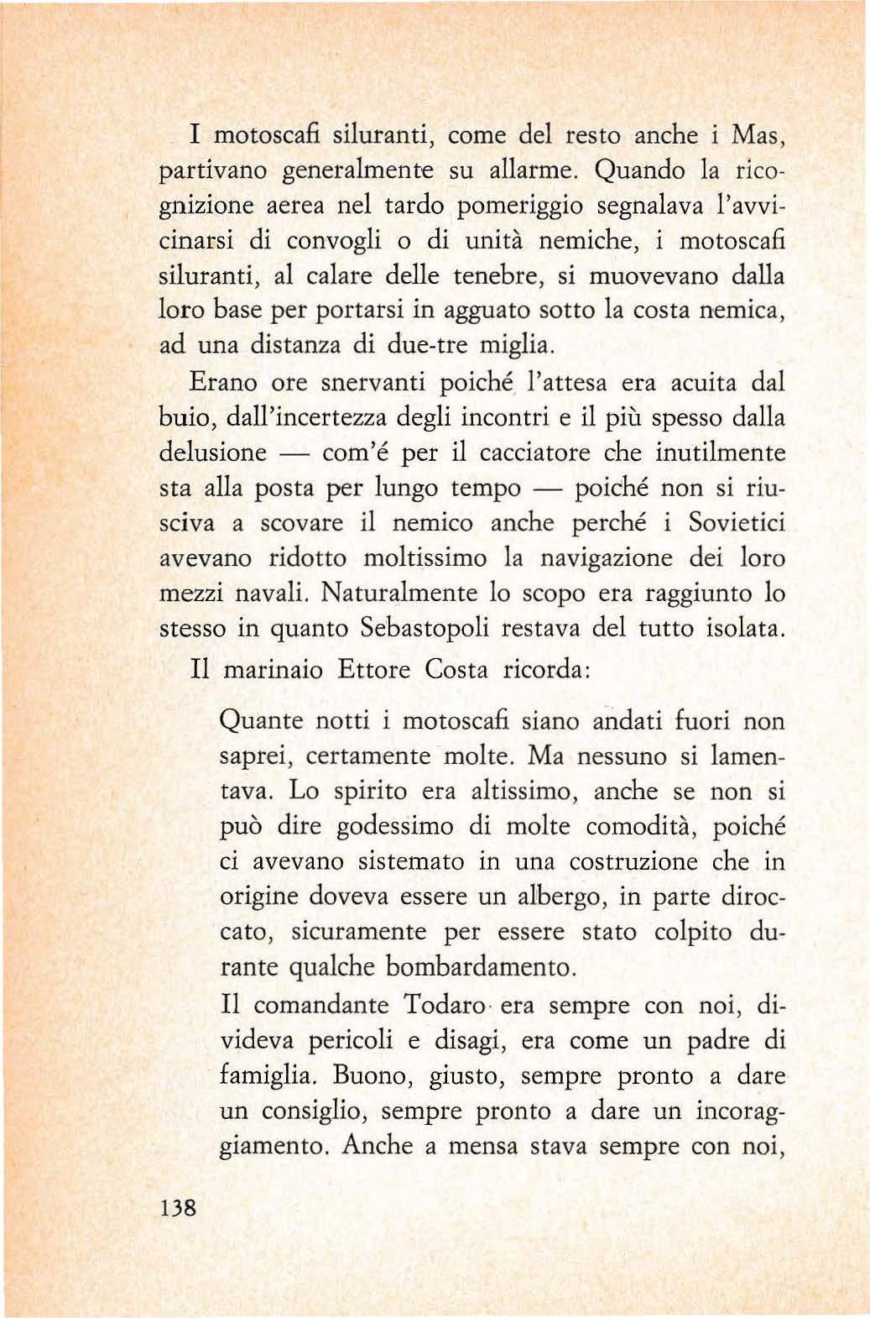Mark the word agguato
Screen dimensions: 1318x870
click(486, 311)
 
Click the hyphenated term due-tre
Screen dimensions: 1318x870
click(430, 346)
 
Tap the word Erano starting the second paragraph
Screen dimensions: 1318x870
click(223, 383)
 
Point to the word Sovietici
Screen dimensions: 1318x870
click(737, 523)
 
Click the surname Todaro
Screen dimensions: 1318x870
click(444, 1005)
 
